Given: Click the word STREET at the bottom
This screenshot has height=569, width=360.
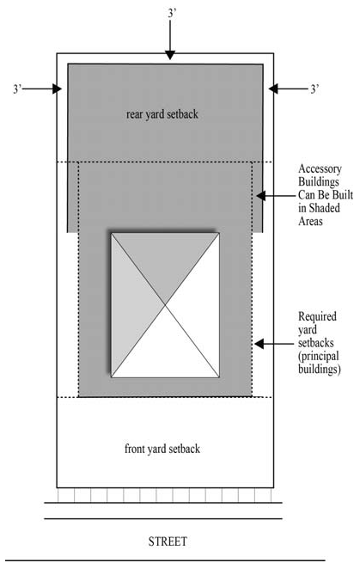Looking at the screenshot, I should pos(167,542).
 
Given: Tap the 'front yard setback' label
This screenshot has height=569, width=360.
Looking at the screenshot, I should pos(162,449).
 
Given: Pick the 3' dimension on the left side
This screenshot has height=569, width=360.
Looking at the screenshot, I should pos(19,89).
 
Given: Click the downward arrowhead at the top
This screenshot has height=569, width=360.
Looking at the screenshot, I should pos(170,54).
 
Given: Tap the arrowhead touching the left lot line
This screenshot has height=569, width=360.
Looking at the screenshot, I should pos(58,89).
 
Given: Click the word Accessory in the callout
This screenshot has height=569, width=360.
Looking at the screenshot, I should pos(319,170).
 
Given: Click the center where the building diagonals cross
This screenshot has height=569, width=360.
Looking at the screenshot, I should pos(165,304).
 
